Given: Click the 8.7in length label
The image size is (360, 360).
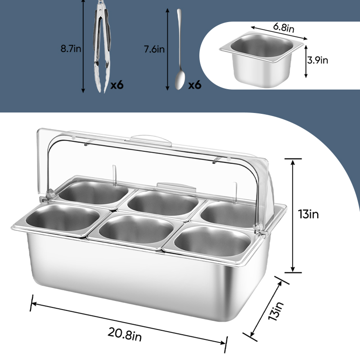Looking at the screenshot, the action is [x=71, y=49].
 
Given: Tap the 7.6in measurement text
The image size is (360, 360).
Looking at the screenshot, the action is [x=154, y=49].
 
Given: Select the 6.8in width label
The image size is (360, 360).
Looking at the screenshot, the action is [x=284, y=28].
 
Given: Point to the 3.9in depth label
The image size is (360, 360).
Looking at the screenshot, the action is [x=318, y=60].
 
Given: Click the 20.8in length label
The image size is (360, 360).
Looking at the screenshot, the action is [x=125, y=334].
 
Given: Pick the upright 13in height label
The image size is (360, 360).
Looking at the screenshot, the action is [x=309, y=214].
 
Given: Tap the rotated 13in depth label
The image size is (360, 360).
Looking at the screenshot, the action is [x=276, y=311].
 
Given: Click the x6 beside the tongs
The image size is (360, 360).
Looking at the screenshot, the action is [x=117, y=85].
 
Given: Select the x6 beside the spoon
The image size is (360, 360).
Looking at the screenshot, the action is [x=195, y=85].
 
